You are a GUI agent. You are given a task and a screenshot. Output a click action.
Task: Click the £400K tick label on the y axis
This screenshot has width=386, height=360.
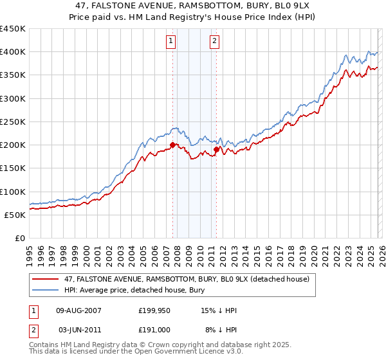(13, 52)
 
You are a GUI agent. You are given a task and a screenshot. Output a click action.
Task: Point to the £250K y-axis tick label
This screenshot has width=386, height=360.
(13, 122)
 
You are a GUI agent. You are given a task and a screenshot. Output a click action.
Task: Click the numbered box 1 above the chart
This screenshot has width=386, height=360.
(171, 41)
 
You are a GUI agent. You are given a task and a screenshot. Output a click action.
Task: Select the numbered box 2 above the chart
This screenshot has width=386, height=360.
(214, 41)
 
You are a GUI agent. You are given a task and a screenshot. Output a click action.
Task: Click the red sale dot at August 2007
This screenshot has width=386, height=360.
(172, 145)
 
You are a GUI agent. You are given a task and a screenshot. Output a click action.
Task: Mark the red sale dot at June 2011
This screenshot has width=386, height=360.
(216, 149)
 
